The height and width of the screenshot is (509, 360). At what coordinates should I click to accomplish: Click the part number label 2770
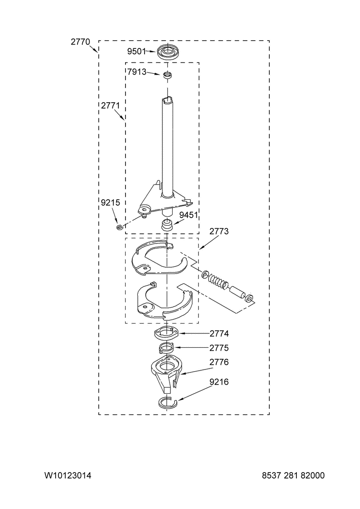click(x=81, y=42)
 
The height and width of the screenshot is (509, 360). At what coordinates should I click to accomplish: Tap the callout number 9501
click(x=136, y=52)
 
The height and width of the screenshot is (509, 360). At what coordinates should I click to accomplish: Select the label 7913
click(x=137, y=72)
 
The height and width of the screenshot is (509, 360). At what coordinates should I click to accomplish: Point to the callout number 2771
click(x=110, y=106)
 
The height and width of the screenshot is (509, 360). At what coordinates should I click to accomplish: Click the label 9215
click(x=110, y=202)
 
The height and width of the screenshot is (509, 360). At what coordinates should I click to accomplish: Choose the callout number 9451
click(x=189, y=215)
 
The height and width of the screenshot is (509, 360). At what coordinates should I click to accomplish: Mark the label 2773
click(x=219, y=231)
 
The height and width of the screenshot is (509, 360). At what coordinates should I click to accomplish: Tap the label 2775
click(x=219, y=348)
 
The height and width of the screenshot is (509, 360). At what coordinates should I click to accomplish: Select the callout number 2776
click(x=219, y=362)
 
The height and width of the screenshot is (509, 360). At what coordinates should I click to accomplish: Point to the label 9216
click(x=219, y=382)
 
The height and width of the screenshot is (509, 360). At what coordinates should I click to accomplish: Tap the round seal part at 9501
click(x=167, y=52)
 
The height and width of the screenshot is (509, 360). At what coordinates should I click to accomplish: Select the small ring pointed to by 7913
click(x=167, y=75)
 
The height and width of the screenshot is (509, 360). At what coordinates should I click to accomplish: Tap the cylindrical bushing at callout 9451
click(x=167, y=225)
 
